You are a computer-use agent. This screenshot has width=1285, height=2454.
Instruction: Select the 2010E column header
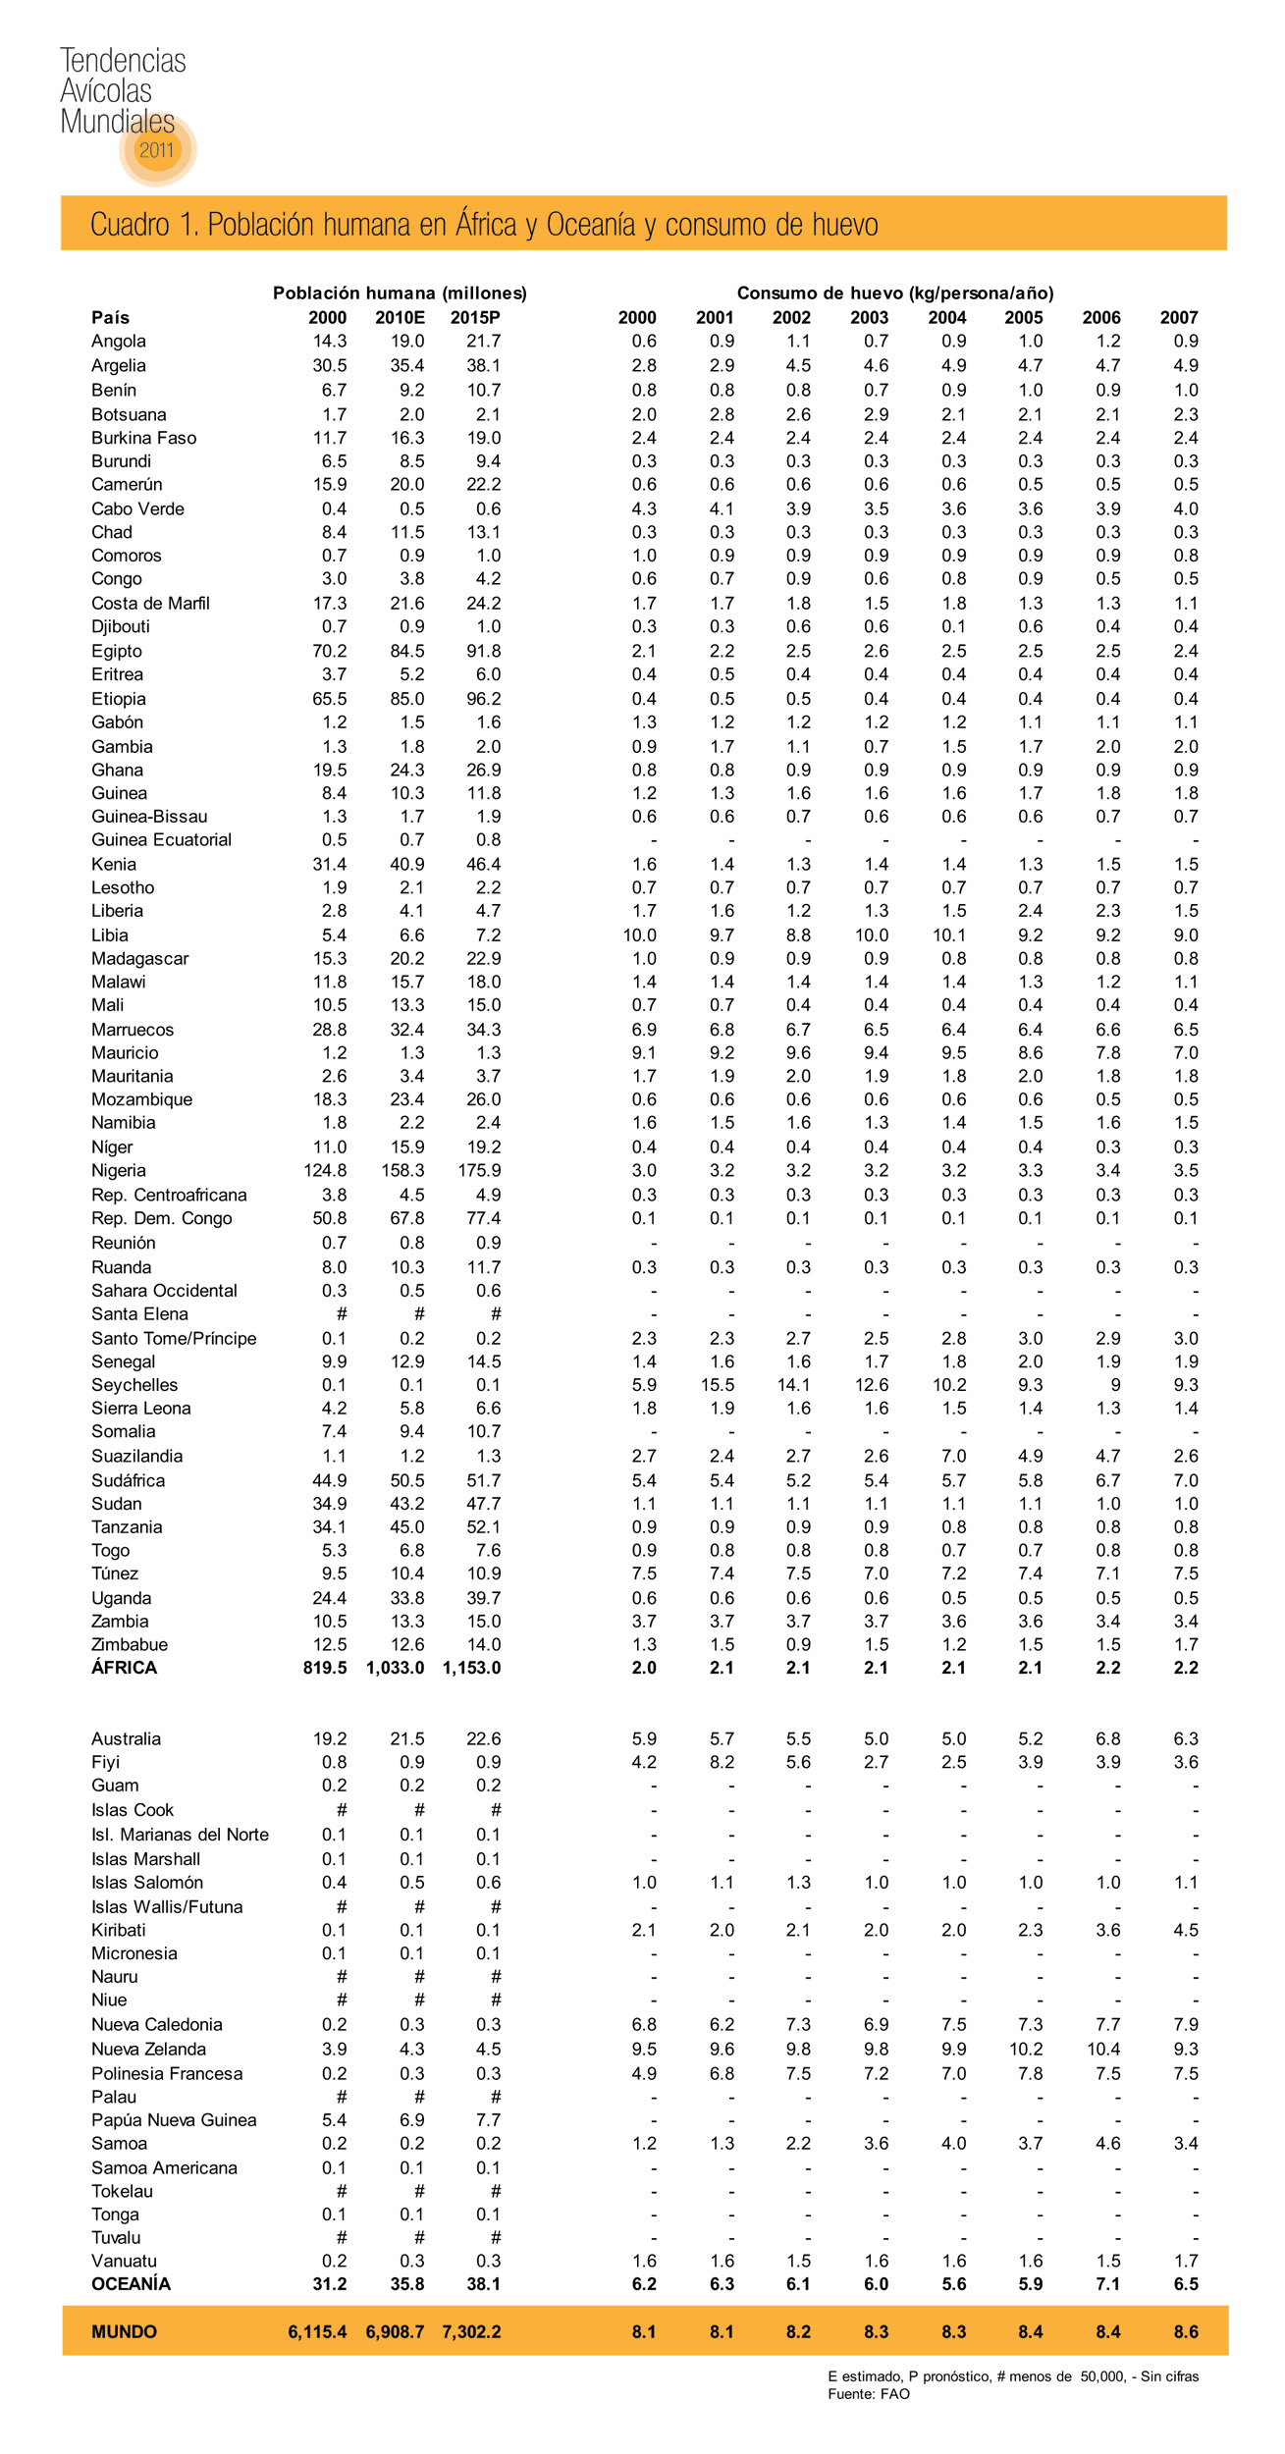400,317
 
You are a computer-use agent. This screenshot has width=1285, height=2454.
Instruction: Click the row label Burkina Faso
143,438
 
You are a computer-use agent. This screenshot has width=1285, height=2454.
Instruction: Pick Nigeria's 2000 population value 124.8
325,1170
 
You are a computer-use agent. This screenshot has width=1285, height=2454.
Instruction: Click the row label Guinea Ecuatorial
161,839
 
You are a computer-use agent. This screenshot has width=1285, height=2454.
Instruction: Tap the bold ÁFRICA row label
124,1668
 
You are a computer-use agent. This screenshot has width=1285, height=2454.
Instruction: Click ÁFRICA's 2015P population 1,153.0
471,1668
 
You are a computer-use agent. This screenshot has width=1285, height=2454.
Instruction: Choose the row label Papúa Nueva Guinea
174,2120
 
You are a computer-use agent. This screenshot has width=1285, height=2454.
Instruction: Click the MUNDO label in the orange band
124,2331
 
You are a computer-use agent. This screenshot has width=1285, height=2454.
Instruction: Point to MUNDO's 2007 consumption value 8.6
1186,2331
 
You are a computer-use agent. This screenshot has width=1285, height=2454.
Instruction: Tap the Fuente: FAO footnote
868,2394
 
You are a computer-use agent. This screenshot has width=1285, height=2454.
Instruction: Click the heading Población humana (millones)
400,293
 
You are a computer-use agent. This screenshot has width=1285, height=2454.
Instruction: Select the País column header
110,317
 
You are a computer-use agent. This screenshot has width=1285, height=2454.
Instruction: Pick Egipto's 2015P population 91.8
483,651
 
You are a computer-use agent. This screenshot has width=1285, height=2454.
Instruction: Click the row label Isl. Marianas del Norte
180,1835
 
